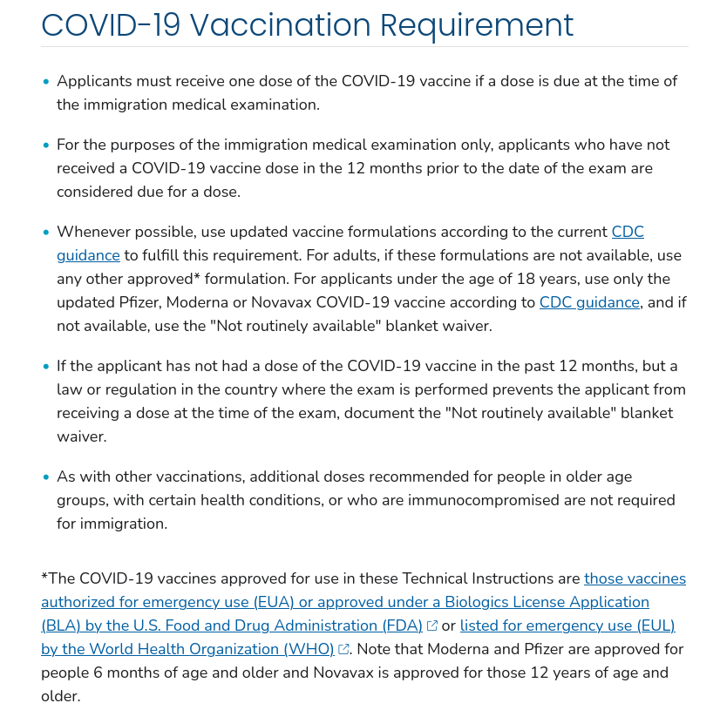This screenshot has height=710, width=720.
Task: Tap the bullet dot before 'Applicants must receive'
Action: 46,82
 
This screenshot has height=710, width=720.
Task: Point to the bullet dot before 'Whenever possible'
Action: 46,233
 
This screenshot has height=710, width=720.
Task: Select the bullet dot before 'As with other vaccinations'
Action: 46,477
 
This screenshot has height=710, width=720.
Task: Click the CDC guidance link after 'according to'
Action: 589,302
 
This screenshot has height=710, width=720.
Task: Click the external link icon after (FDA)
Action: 432,625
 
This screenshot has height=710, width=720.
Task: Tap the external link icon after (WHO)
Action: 343,649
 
